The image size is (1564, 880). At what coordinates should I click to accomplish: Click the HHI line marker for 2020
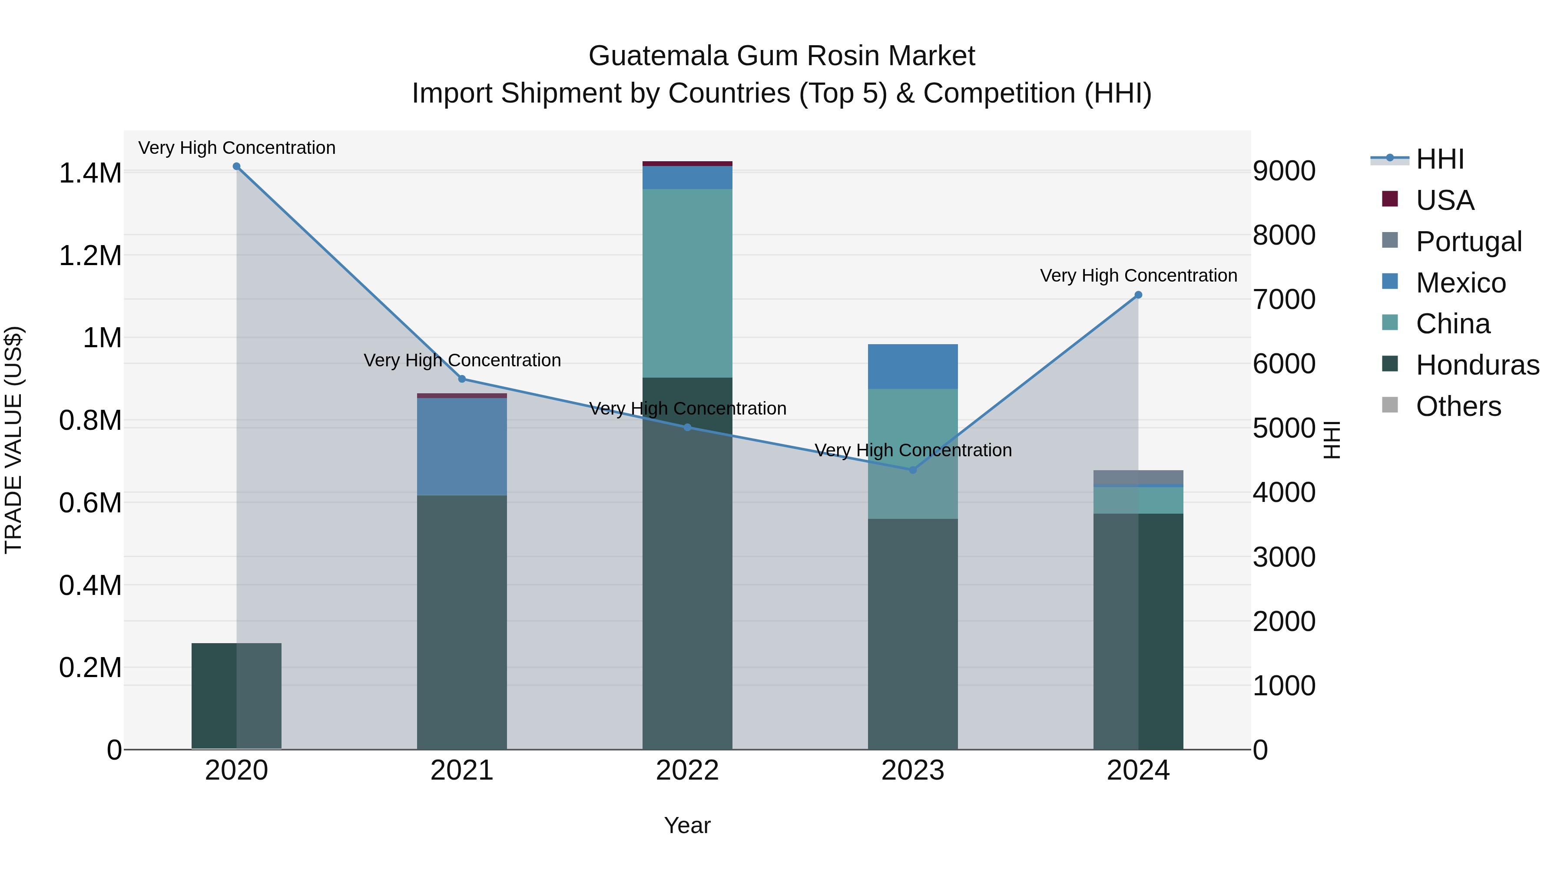tap(236, 166)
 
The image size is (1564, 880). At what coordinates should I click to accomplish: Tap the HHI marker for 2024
tap(1138, 295)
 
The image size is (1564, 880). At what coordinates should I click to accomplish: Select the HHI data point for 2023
tap(912, 470)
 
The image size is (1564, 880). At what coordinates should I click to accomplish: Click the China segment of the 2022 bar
tap(687, 282)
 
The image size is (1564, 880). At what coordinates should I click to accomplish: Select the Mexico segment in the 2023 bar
tap(912, 367)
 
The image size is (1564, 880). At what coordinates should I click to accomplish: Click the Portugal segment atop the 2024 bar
tap(1138, 477)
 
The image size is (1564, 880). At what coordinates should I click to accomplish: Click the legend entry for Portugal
tap(1468, 241)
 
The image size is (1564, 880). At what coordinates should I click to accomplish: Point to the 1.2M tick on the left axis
tap(90, 256)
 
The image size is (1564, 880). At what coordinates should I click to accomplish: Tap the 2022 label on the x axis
tap(687, 770)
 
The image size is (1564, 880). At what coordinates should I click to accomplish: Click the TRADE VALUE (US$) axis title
tap(13, 440)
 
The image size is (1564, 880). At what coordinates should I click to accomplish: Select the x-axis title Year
tap(687, 825)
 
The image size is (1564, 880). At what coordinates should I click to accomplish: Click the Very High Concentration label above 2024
tap(1138, 276)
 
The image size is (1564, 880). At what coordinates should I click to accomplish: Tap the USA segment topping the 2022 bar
tap(687, 163)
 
